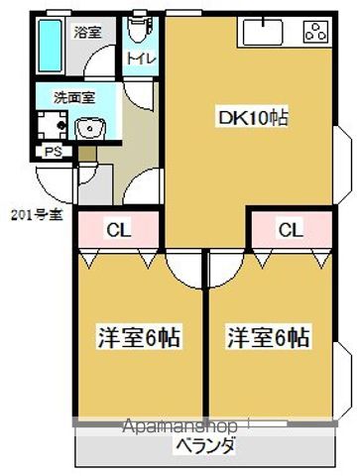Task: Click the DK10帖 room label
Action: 254,118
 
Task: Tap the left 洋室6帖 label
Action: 138,337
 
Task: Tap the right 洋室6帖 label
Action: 267,337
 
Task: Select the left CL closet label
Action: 118,231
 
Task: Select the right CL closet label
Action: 290,231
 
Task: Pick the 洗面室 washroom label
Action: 74,98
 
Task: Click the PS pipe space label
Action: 51,152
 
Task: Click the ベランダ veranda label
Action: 206,446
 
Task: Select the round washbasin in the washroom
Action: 86,127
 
